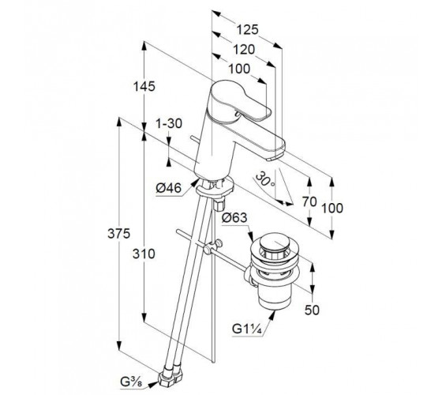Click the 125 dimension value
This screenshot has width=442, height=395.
247,29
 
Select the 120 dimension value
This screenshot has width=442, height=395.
244,50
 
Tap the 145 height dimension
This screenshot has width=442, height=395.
144,86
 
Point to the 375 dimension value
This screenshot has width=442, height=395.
119,234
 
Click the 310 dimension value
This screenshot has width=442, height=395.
144,254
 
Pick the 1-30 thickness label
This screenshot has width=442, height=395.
169,123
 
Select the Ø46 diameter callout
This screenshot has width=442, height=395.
168,188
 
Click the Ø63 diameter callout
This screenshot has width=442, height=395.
234,217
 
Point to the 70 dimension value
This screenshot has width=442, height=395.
309,201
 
